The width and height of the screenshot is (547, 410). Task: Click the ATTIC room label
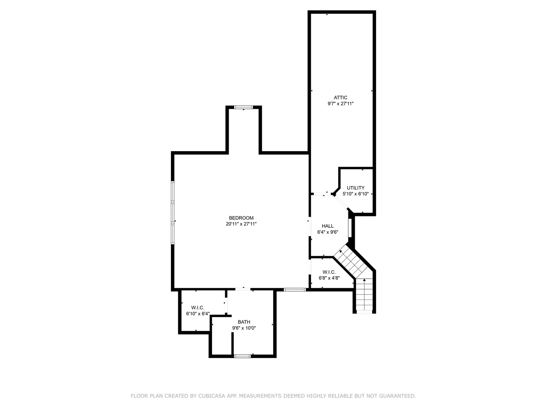(x=340, y=98)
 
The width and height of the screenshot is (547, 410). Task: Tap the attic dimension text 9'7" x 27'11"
(x=340, y=104)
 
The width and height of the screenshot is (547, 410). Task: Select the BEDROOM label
(x=241, y=218)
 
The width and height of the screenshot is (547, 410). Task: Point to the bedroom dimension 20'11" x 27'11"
(x=241, y=224)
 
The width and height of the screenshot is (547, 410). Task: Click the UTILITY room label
(x=356, y=188)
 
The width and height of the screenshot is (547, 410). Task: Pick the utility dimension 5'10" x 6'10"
(x=356, y=194)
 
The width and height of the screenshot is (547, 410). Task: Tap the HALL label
(x=327, y=226)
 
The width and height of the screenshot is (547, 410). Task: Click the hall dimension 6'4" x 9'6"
(x=327, y=232)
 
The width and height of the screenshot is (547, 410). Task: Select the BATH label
(x=244, y=322)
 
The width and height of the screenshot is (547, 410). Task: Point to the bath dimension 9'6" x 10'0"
(x=244, y=328)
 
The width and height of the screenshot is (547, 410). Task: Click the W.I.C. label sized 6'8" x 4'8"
(x=329, y=272)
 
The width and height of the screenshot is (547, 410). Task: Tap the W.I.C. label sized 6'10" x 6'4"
(x=198, y=307)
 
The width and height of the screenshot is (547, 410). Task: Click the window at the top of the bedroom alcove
(x=243, y=107)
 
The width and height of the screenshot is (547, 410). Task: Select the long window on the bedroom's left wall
(x=172, y=213)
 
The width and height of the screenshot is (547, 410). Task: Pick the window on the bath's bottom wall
(x=242, y=356)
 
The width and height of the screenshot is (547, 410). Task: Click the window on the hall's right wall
(x=349, y=228)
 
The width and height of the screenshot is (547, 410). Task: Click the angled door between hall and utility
(x=341, y=202)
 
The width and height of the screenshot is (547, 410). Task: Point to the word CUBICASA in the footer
(x=211, y=396)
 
